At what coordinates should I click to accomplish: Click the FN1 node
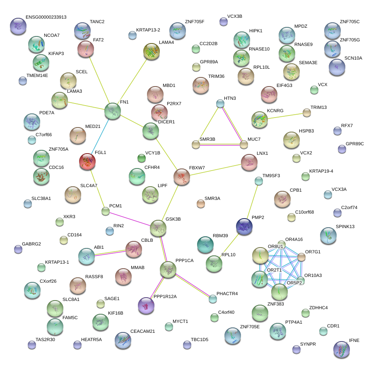coord(113,111)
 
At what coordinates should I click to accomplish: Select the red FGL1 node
coord(87,161)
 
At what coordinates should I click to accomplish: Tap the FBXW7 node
coord(182,177)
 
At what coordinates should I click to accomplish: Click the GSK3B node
coord(158,228)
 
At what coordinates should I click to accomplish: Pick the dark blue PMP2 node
coord(244,226)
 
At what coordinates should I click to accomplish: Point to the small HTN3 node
coord(220,103)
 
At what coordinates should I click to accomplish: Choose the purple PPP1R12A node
coord(146,305)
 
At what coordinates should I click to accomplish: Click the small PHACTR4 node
coord(213,298)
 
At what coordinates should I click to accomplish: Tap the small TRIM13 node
coord(306,112)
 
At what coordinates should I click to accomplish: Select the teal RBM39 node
coord(205,245)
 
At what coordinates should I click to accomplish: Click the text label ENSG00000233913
coord(46,17)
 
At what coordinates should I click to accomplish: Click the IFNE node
coord(342,349)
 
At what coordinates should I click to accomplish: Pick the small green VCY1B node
coord(141,157)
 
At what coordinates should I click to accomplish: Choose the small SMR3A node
coord(201,203)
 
